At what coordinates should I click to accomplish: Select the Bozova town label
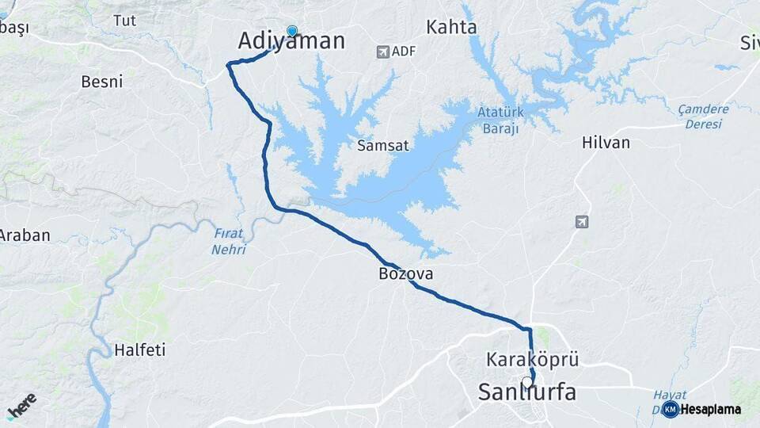point(405,274)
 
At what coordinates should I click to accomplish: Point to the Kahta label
point(451,28)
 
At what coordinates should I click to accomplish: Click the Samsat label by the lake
point(383,146)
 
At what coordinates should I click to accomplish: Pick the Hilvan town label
point(606,143)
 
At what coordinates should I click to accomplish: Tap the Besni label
point(102,82)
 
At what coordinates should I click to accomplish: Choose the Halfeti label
point(140,350)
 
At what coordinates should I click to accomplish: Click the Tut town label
point(124,21)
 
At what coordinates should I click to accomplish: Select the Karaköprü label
point(533,360)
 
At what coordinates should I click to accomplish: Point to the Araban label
point(25,235)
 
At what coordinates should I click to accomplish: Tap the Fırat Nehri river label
point(229,242)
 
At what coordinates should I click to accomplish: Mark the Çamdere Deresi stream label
point(704,117)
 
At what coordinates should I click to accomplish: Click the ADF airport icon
point(383,52)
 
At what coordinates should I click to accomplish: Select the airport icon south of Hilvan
point(583,222)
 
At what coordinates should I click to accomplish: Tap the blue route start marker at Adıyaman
point(292,31)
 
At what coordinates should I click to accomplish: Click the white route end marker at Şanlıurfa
point(527,382)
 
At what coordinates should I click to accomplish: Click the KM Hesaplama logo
point(701,409)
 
